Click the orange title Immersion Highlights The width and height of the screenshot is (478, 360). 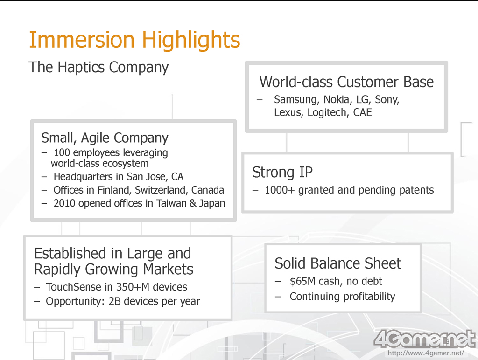coord(134,41)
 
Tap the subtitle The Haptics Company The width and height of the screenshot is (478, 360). coord(98,67)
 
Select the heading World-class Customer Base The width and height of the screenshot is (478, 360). coord(347,82)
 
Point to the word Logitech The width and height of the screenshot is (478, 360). coord(327,113)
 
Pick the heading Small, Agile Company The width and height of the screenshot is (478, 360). coord(105,138)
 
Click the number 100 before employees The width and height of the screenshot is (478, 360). coord(62,152)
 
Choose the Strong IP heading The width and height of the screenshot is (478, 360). coord(282,173)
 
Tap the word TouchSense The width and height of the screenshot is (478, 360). coord(73,287)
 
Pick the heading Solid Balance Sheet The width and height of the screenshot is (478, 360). coord(338,263)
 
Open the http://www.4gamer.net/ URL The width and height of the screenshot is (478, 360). coord(426,353)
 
